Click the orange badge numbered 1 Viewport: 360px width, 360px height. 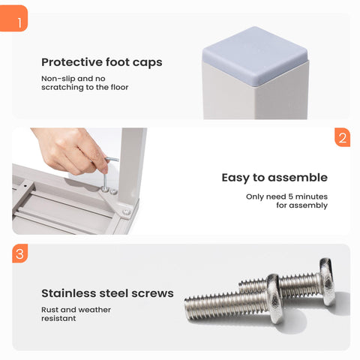[x=13, y=19]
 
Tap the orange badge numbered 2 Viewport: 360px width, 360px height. [x=343, y=137]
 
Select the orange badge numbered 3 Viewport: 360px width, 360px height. [x=20, y=253]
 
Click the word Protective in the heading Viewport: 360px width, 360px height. [x=72, y=62]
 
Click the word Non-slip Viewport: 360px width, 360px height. [x=58, y=79]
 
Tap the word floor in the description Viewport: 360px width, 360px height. [x=119, y=87]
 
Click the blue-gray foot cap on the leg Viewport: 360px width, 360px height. [x=255, y=55]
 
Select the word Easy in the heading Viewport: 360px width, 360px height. [x=235, y=178]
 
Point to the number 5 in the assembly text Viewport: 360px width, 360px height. [x=290, y=196]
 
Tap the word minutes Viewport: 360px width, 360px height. [x=311, y=196]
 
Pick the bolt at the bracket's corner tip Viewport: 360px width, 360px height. [x=127, y=212]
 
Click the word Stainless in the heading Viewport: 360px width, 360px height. [x=69, y=293]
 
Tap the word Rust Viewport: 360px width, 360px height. [x=49, y=310]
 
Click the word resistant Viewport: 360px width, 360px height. [x=58, y=319]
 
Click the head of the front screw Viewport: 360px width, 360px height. [x=274, y=299]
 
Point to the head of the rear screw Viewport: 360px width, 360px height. [x=327, y=281]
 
